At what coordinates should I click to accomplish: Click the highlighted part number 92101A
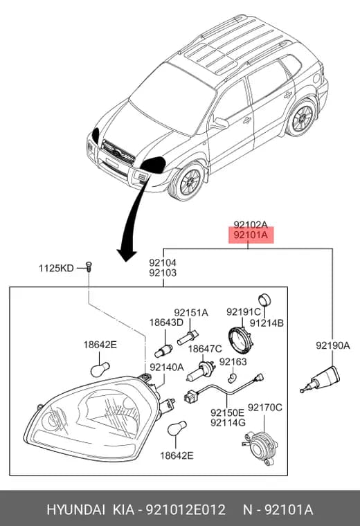[251, 235]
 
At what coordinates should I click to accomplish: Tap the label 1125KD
[56, 268]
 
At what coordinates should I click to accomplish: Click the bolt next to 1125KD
[89, 266]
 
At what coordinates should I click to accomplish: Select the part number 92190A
[332, 345]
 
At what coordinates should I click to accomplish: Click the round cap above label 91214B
[264, 300]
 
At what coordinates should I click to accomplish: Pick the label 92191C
[243, 312]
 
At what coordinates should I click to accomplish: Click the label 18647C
[205, 349]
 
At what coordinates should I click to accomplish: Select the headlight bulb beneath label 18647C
[200, 372]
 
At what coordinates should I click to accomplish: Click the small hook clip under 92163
[232, 378]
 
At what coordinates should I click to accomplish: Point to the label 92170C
[264, 408]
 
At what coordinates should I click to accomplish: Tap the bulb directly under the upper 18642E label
[100, 369]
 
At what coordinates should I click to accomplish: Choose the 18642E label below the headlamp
[177, 455]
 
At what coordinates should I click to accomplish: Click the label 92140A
[167, 368]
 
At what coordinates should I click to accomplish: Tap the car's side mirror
[219, 123]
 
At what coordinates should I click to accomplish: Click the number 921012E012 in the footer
[185, 510]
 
